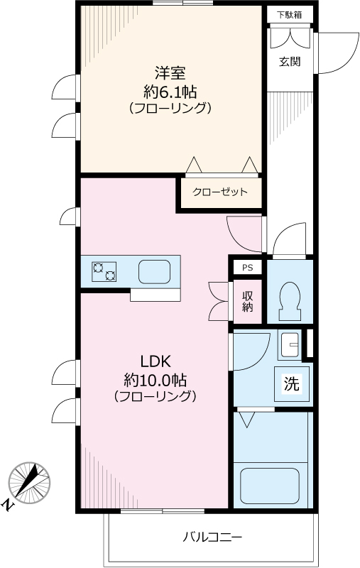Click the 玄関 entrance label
[289, 61]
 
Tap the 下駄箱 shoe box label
[288, 13]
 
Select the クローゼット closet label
[220, 192]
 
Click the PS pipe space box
[247, 268]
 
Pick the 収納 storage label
[247, 302]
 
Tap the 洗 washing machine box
[292, 384]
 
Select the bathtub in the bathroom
[273, 484]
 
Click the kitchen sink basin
[153, 271]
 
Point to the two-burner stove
[104, 271]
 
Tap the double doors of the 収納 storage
[219, 302]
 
